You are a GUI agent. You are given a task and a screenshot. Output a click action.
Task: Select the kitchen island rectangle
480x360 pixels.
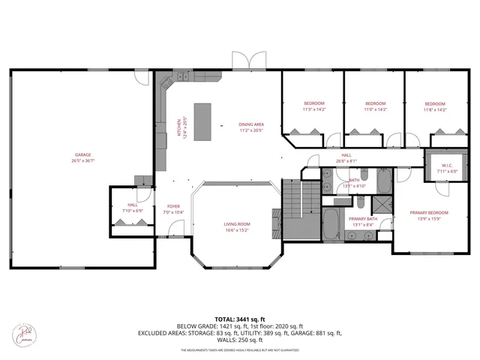point(202,121)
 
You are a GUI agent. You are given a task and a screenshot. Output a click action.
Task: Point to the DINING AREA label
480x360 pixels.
point(251,124)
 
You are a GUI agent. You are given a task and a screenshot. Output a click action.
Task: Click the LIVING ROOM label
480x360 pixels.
point(237,224)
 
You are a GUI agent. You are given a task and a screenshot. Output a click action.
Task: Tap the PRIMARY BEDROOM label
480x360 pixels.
point(428,213)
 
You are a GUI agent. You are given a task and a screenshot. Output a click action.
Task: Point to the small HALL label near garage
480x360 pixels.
point(132,205)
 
